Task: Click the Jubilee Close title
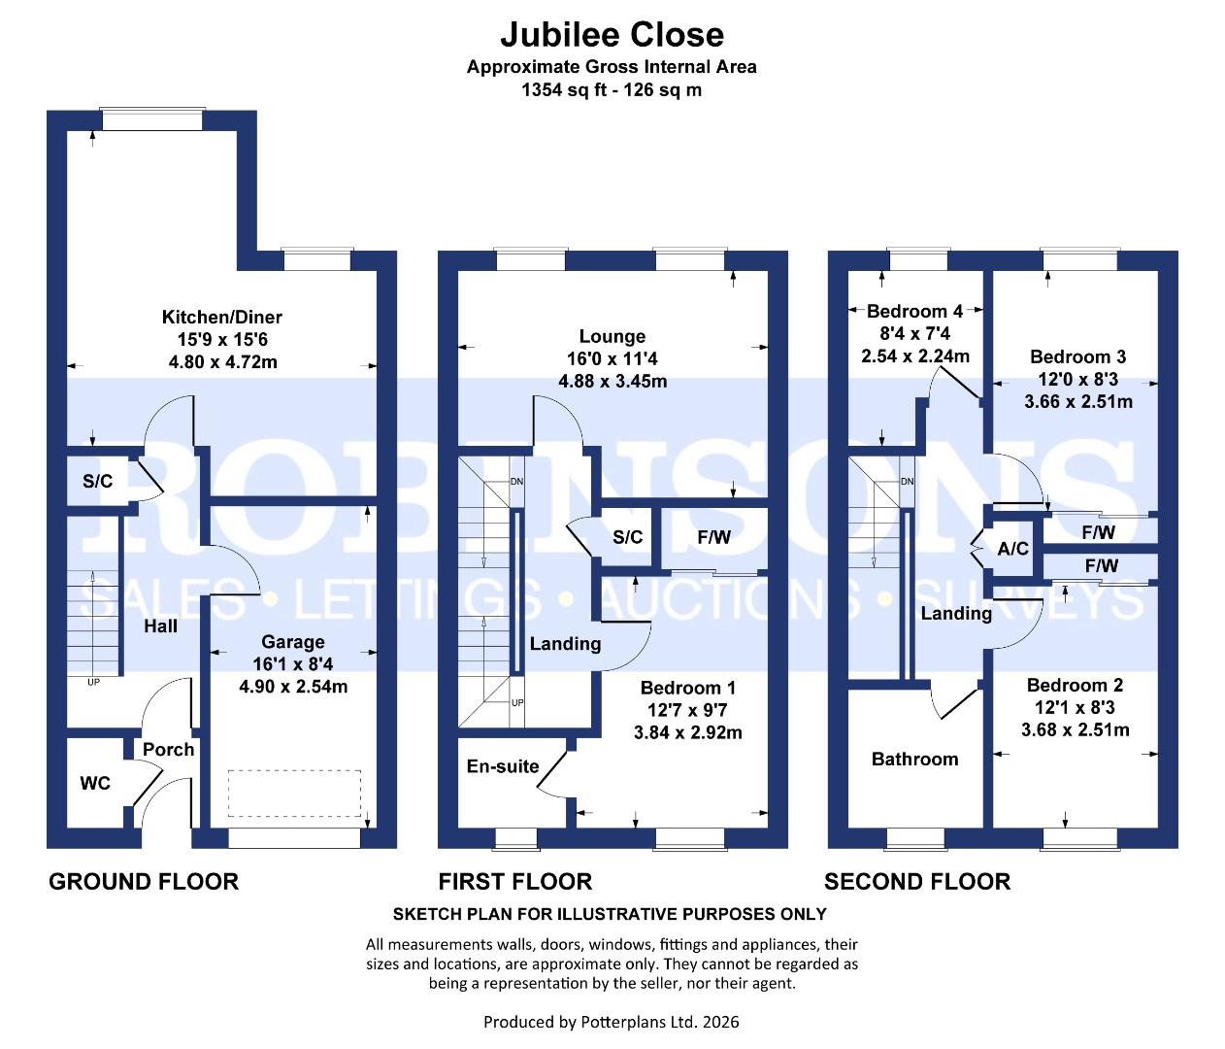pos(612,34)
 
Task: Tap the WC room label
pos(95,783)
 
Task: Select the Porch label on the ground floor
pos(168,750)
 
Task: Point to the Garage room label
pos(293,642)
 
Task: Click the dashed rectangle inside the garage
pos(294,794)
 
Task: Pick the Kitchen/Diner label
pos(222,318)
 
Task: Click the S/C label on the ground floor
pos(97,481)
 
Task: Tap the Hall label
pos(160,626)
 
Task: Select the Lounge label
pos(612,337)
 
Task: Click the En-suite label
pos(503,766)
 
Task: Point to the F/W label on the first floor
pos(714,537)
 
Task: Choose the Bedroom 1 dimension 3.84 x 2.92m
pos(688,733)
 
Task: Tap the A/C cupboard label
pos(1012,549)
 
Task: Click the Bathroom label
pos(915,759)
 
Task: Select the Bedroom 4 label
pos(915,312)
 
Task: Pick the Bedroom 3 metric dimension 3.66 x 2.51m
pos(1078,401)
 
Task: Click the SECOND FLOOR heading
pos(917,882)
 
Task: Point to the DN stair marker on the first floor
pos(516,482)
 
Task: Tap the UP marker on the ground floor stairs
pos(93,683)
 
